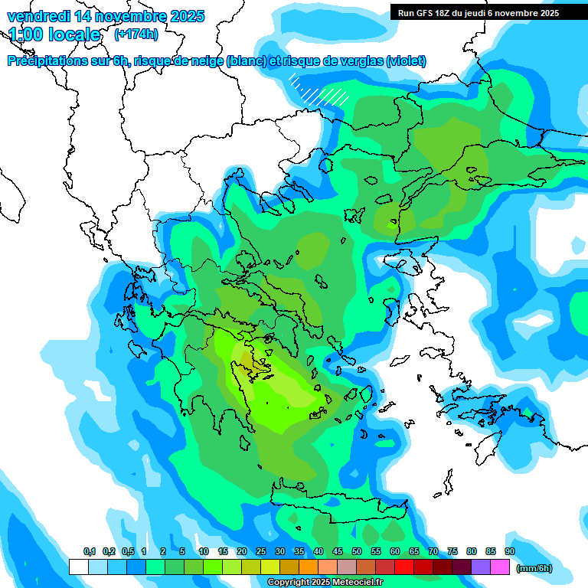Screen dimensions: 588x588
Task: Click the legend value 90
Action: point(509,551)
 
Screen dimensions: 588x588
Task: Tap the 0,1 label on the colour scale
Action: point(89,551)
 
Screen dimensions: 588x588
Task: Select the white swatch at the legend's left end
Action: point(78,567)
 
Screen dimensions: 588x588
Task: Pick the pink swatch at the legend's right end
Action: point(501,567)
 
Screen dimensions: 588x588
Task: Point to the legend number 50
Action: point(357,551)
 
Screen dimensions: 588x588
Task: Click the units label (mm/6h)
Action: point(534,568)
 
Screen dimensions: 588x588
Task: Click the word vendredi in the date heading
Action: point(37,16)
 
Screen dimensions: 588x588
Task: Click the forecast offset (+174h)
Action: point(136,34)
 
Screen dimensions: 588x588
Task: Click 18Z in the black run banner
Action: point(447,13)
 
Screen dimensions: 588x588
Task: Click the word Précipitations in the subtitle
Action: point(47,61)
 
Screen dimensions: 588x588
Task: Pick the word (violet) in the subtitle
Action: point(407,61)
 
